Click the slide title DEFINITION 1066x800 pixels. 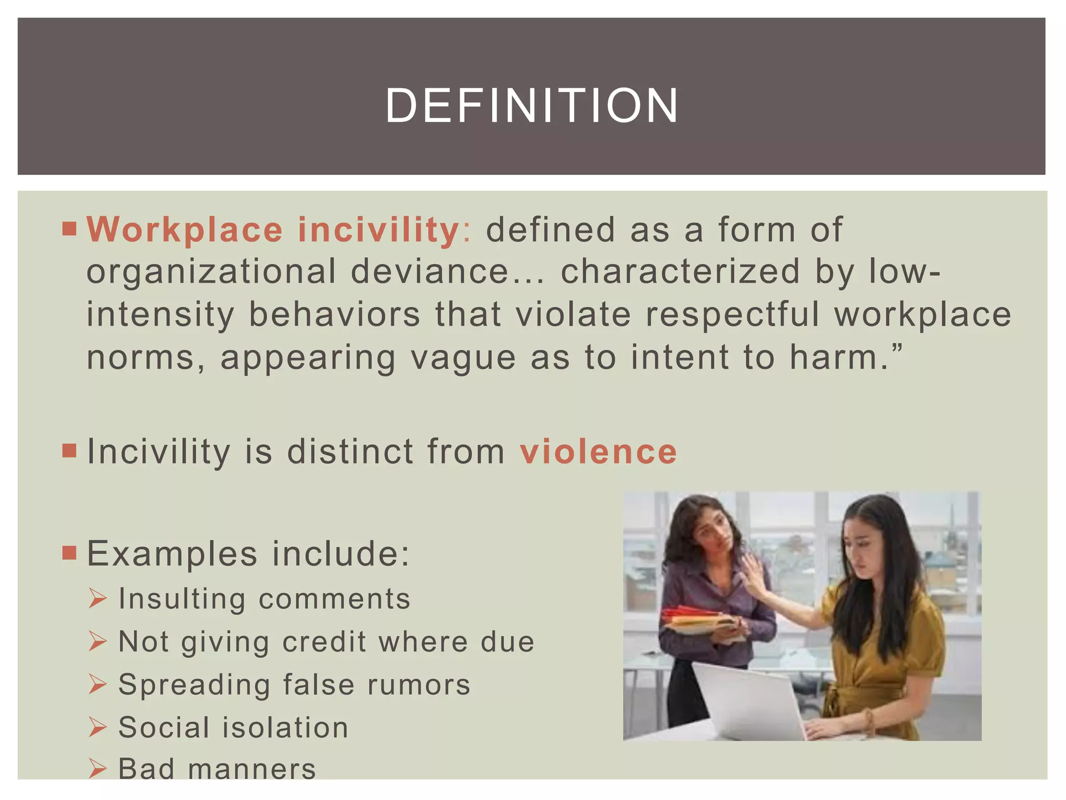532,106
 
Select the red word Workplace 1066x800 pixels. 185,230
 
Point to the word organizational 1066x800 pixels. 211,272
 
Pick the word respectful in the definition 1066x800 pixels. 732,315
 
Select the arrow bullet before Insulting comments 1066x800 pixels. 97,598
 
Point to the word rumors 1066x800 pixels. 419,684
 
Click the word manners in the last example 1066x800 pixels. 252,769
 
